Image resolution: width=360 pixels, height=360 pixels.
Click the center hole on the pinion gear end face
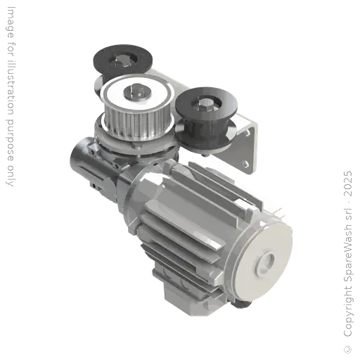[266, 262]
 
